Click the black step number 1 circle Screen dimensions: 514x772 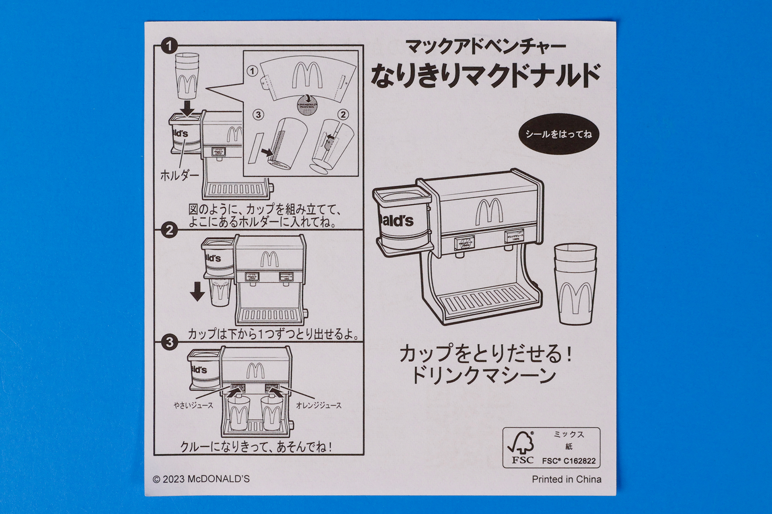(x=169, y=45)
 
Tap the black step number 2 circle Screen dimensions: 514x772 (x=169, y=230)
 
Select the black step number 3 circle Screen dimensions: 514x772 (x=169, y=342)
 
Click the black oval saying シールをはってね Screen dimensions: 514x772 (x=558, y=134)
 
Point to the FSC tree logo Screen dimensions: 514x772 (x=522, y=443)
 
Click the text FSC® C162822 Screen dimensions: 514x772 (x=569, y=461)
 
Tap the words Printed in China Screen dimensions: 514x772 (x=566, y=479)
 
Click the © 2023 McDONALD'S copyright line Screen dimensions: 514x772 (x=201, y=479)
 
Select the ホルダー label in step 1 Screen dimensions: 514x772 (x=179, y=175)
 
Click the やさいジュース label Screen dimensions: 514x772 (x=193, y=406)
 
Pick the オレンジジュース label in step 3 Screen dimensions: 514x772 (x=318, y=406)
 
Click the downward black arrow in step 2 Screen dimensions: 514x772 (x=197, y=292)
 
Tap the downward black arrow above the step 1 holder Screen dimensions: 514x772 (x=187, y=108)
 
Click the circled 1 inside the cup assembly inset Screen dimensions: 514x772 (x=252, y=71)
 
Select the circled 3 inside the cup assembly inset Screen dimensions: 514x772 (x=258, y=115)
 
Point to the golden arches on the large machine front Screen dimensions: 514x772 (x=489, y=211)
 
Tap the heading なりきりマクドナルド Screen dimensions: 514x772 (x=485, y=75)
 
